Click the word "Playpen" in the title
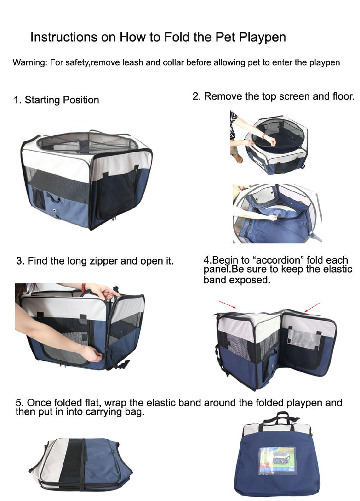point(262,38)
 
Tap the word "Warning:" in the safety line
point(30,62)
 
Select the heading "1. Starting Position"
point(56,100)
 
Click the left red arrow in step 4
point(227,304)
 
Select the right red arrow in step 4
point(312,307)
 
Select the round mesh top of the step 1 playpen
point(86,142)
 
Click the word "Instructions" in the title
point(64,37)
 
